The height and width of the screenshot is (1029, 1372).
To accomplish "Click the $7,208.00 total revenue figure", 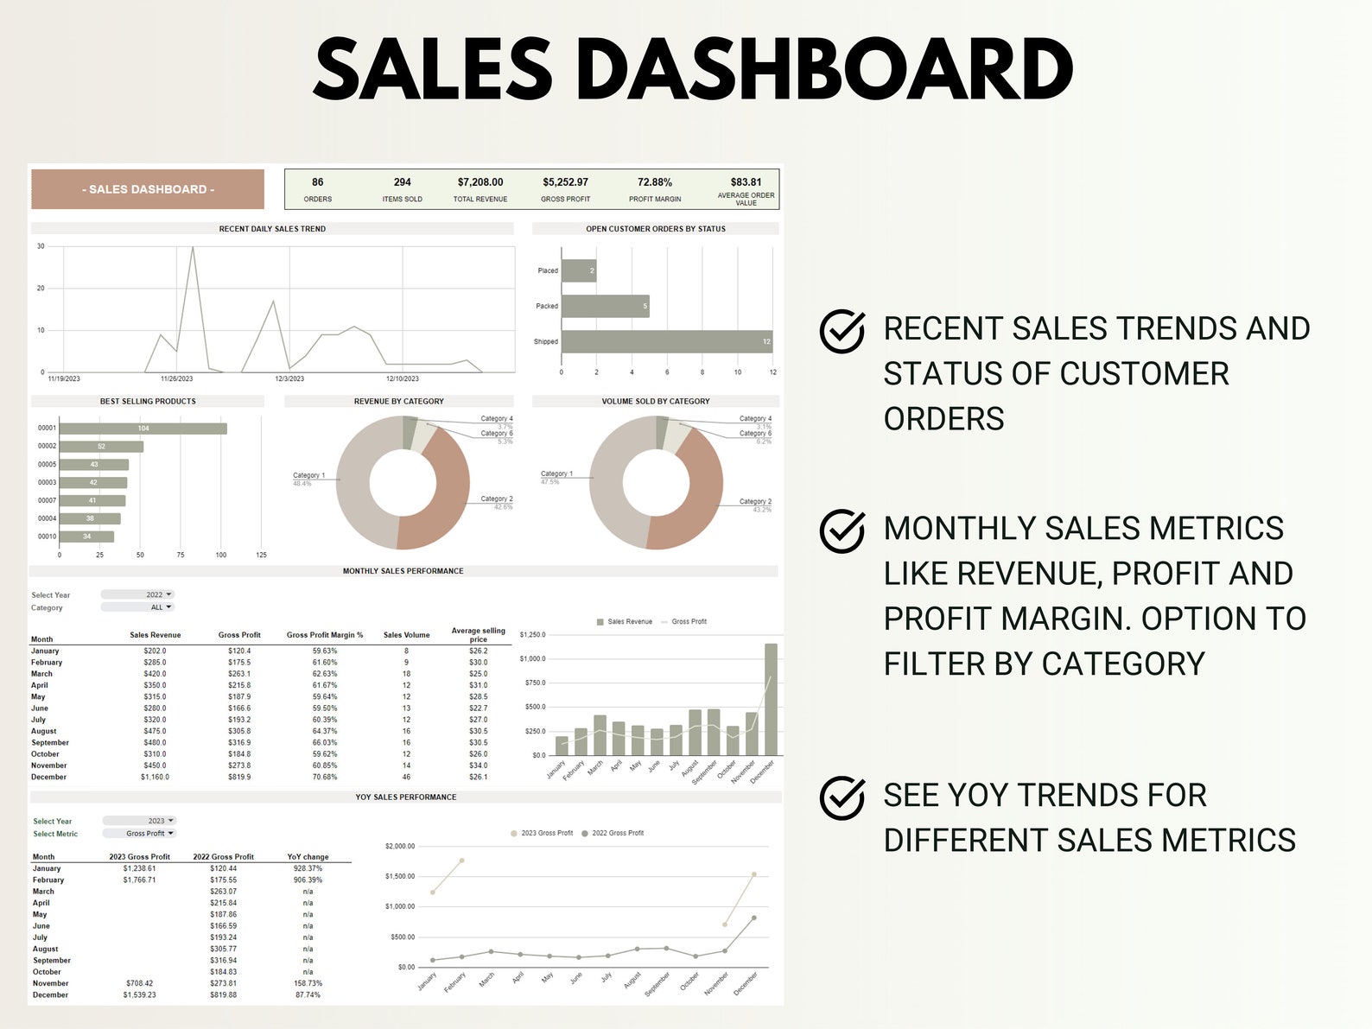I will pos(480,182).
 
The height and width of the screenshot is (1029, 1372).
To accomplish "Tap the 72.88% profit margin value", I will pos(655,182).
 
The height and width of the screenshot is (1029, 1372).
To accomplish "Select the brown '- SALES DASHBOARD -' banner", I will pos(148,189).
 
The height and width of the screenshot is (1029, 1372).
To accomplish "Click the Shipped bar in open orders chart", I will pos(666,341).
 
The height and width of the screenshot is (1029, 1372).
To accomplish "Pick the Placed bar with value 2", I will pos(579,271).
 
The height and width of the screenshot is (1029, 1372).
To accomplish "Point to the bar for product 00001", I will pos(143,429).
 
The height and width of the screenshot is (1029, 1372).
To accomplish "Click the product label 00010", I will pos(47,537).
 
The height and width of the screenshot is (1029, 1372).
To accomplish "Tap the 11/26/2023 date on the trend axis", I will pos(177,378).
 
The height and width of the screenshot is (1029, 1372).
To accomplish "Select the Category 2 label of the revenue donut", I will pos(496,499).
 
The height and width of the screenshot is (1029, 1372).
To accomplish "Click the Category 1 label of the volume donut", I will pos(556,473).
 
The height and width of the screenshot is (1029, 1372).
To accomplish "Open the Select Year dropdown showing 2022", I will pos(137,594).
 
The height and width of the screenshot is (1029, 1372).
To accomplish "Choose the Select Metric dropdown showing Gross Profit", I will pos(139,834).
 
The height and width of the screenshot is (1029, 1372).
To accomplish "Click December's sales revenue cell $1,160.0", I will pos(155,777).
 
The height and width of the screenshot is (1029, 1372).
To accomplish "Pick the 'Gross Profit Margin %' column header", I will pos(325,635).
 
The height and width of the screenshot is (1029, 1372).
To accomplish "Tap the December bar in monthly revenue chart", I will pos(771,699).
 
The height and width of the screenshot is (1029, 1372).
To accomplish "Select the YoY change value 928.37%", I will pos(308,868).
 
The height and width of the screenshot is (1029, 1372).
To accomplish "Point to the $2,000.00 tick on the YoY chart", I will pos(400,846).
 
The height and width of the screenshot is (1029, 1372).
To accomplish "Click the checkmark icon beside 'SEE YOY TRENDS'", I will pos(842,797).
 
